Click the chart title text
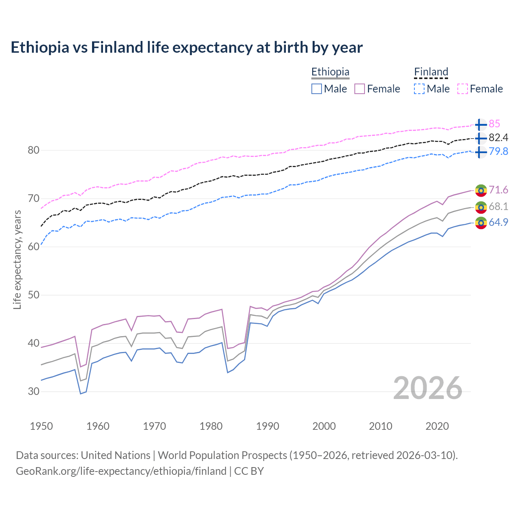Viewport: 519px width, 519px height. click(187, 47)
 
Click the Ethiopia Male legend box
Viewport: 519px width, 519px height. click(317, 89)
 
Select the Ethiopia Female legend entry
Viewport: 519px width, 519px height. click(377, 89)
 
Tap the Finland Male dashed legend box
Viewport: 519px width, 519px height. click(419, 89)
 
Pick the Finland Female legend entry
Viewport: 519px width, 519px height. click(480, 89)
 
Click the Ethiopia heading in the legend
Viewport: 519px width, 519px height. click(330, 72)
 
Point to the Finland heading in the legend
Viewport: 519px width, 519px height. click(431, 72)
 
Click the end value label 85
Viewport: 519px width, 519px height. click(494, 124)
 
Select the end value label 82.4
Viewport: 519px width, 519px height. click(498, 138)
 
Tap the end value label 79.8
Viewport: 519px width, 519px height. click(498, 152)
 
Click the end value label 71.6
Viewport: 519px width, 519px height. click(498, 190)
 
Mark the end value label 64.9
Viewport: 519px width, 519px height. click(498, 222)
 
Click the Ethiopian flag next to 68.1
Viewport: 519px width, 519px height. click(481, 207)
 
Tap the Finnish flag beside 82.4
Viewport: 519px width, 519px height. click(480, 138)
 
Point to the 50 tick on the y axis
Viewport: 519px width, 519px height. click(34, 295)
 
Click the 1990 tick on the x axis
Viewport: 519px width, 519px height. click(268, 426)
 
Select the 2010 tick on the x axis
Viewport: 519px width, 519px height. click(380, 426)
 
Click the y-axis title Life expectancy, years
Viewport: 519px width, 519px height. click(17, 259)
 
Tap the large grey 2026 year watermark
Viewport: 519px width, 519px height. click(428, 388)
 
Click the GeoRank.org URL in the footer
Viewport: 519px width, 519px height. click(121, 471)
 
